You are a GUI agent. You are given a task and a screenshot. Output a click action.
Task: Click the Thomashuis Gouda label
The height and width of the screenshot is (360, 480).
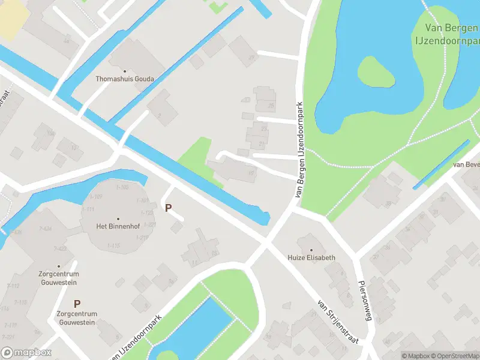[125, 79]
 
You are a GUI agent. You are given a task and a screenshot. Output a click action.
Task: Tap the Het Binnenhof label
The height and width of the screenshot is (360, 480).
[118, 226]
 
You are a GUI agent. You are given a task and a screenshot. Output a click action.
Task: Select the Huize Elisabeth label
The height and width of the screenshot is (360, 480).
[311, 257]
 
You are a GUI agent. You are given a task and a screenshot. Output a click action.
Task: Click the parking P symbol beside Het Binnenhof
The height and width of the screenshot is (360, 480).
[169, 208]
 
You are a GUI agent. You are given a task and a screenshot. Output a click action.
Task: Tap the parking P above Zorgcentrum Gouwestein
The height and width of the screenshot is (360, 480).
[77, 304]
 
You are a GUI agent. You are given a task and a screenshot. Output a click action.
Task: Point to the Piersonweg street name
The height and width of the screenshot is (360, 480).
[365, 301]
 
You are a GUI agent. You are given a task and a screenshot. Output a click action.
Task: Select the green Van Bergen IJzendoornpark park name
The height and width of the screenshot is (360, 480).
[447, 33]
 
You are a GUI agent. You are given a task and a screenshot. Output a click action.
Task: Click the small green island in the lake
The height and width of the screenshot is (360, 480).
[376, 73]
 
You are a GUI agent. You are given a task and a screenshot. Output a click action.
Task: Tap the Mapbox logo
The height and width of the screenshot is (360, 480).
[26, 353]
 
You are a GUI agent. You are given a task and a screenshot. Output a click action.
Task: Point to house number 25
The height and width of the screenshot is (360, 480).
[271, 106]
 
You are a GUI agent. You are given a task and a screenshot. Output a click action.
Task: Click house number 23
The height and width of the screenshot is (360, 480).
[264, 128]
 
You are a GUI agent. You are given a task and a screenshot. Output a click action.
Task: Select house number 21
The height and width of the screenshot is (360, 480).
[261, 144]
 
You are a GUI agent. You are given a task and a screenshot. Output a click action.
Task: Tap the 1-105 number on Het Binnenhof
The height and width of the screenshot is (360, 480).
[122, 187]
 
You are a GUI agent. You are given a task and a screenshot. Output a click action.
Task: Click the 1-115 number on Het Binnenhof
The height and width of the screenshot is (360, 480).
[113, 245]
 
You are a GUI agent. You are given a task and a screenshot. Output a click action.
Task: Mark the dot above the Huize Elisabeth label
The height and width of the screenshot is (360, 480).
[311, 250]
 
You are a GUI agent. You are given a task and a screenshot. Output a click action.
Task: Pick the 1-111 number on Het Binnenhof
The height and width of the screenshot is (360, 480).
[88, 209]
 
